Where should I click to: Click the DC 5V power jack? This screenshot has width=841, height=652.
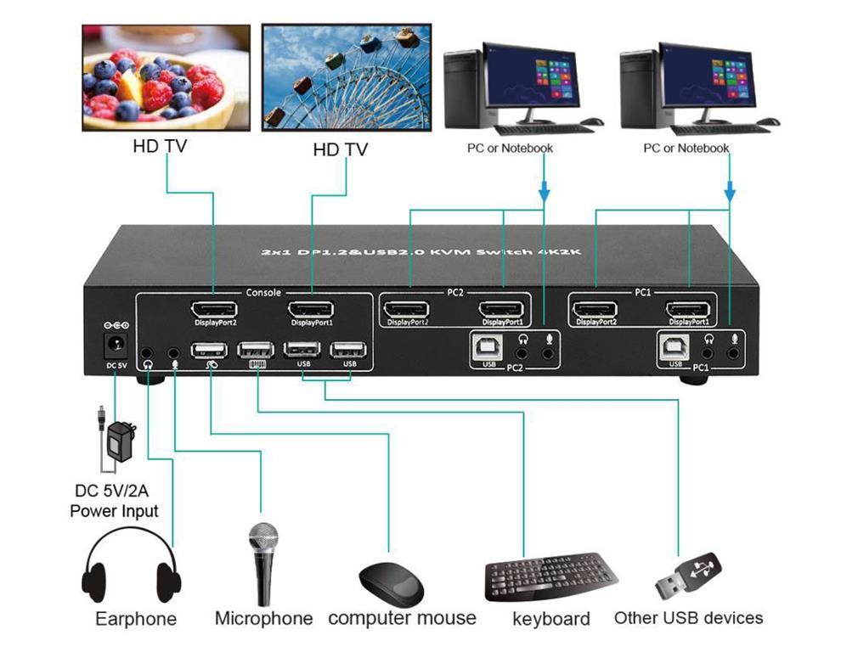[x=113, y=346]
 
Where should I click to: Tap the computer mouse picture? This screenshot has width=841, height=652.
[x=392, y=581]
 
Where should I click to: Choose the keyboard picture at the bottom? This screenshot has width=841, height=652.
[x=550, y=576]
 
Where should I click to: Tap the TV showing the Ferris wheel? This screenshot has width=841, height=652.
[x=342, y=77]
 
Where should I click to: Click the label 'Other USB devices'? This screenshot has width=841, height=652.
[x=688, y=617]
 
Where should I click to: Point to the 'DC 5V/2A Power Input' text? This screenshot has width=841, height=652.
[x=114, y=501]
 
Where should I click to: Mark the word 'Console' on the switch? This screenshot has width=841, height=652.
[x=262, y=293]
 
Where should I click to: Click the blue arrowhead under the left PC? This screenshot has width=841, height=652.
[x=543, y=197]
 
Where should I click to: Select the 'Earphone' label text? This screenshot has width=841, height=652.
[x=136, y=618]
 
